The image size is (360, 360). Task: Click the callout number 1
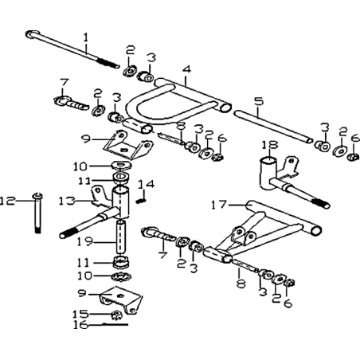coord(85,37)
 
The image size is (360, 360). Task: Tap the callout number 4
coord(186,69)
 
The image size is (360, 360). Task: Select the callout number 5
coord(259,101)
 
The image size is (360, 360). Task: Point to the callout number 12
coord(7,201)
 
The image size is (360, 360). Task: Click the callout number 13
coord(67,201)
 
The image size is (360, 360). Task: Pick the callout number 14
coord(146,184)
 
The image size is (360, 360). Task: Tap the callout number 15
coord(80,314)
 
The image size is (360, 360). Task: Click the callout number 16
coord(80,325)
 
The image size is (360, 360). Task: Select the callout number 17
coord(220,205)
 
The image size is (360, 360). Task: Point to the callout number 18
coord(270,145)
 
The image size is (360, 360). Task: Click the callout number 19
coord(85,241)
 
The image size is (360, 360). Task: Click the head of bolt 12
coord(38,196)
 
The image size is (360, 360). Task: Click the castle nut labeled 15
coord(116,315)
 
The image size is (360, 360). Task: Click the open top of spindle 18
coord(269,161)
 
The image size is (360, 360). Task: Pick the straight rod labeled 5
coord(273,127)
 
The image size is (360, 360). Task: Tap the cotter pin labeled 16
coord(115,324)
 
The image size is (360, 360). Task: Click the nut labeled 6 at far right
coord(354,156)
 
